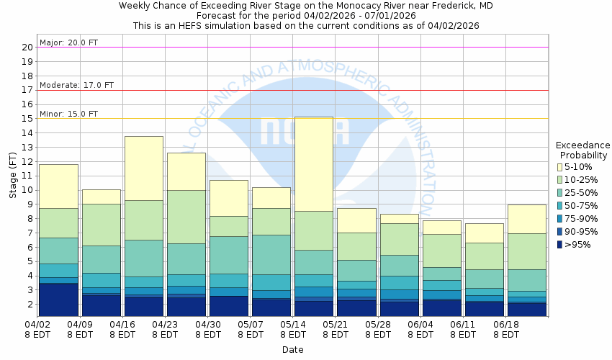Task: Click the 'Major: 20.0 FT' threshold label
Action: [x=69, y=42]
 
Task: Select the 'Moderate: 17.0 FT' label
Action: [x=77, y=85]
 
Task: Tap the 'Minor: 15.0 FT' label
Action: [x=69, y=114]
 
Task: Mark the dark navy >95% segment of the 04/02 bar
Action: [x=58, y=300]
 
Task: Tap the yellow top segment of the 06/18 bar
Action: [x=526, y=219]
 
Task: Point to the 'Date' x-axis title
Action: [x=292, y=350]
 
